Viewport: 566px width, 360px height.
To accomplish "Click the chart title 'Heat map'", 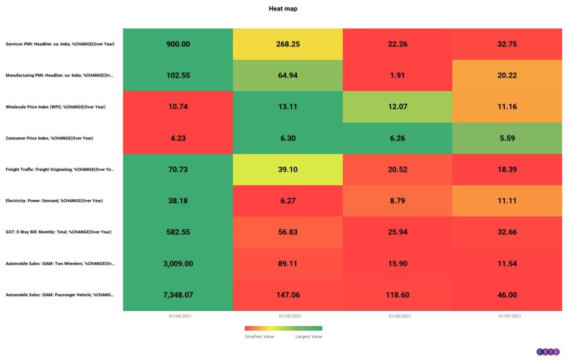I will click(283, 9).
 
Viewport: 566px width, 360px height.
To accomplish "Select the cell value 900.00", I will click(178, 44).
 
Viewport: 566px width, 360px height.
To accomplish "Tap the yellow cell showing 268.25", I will click(287, 44).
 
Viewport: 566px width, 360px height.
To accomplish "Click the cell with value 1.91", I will click(397, 75).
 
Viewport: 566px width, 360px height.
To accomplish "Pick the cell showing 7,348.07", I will click(178, 295).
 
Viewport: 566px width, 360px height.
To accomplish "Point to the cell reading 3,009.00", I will click(178, 264).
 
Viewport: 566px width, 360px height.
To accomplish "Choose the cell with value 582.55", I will click(178, 232).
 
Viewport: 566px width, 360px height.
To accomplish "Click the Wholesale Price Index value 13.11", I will click(287, 107).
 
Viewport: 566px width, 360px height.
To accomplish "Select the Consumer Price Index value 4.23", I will click(178, 138).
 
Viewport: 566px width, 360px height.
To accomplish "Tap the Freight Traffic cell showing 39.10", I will click(287, 170).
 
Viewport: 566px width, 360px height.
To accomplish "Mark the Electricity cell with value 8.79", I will click(397, 201).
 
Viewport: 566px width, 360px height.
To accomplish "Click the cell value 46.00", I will click(507, 295).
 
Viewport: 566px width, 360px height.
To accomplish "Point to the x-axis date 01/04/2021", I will click(178, 316).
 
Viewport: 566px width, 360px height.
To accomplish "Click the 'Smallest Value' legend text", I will click(258, 336).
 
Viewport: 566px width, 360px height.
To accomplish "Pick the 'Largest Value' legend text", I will click(308, 336).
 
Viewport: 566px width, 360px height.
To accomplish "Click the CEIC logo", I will click(548, 352).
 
